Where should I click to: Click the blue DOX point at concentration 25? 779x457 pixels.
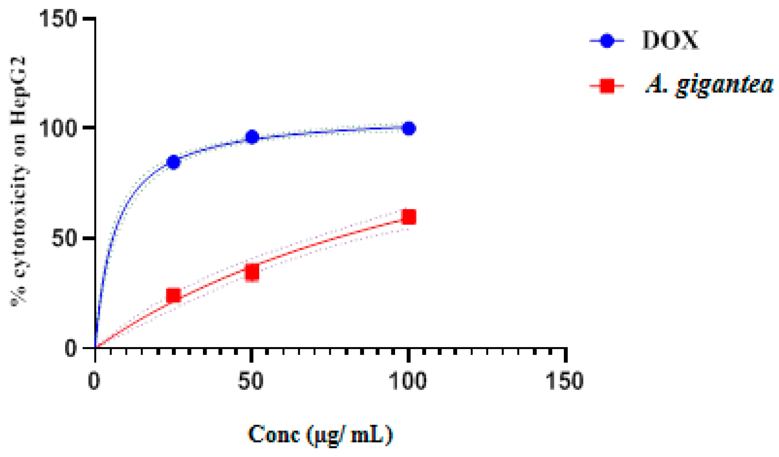(x=173, y=162)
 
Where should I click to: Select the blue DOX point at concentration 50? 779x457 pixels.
(x=252, y=137)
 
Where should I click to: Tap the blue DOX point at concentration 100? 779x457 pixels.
(x=409, y=128)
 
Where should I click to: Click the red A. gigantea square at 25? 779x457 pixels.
(x=173, y=295)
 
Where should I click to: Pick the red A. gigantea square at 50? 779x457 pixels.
(x=252, y=272)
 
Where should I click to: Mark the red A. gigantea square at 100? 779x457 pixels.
(x=409, y=217)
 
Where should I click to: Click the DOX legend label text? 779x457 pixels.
(x=670, y=40)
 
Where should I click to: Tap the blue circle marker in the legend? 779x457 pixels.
(x=607, y=41)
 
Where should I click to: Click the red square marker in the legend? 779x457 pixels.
(x=607, y=86)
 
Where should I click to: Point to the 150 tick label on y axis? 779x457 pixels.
(x=58, y=19)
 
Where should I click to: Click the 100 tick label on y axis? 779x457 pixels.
(x=58, y=128)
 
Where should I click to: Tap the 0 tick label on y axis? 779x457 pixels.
(x=71, y=348)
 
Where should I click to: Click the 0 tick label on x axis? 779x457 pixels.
(x=94, y=381)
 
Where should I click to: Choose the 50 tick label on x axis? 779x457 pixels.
(x=251, y=381)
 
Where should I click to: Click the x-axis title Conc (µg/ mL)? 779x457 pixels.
(x=321, y=435)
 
